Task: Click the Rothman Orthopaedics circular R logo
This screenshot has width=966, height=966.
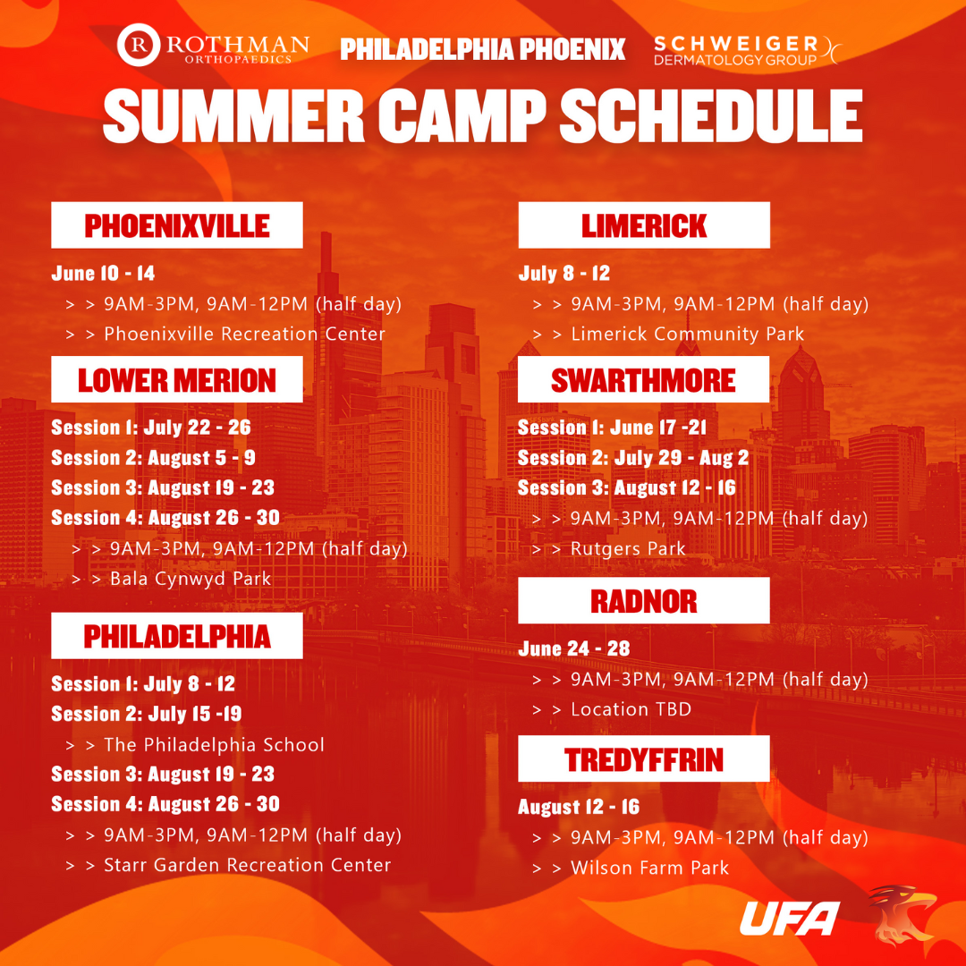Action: (139, 45)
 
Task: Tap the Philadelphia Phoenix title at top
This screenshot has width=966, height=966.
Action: (482, 49)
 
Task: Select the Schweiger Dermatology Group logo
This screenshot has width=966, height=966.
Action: (747, 50)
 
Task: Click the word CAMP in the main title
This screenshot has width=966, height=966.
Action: (462, 115)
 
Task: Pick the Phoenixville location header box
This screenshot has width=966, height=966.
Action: (177, 225)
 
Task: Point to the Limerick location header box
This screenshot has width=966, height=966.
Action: (644, 225)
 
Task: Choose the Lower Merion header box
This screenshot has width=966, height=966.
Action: (177, 379)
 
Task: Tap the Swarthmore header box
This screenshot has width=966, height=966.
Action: (644, 379)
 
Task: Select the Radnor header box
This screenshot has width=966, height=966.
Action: (644, 600)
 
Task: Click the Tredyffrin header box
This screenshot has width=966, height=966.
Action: (644, 758)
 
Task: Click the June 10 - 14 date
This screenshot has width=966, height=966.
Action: (103, 273)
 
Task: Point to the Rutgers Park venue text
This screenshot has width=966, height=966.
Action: (628, 549)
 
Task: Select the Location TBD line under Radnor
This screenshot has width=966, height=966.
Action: (631, 709)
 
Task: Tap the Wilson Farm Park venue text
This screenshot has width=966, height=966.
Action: (650, 868)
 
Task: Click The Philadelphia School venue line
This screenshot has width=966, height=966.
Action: (214, 745)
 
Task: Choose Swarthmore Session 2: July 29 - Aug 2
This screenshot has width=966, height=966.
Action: (633, 458)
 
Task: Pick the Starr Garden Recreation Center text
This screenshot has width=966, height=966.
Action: (247, 865)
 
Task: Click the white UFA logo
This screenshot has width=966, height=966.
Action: (790, 918)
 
